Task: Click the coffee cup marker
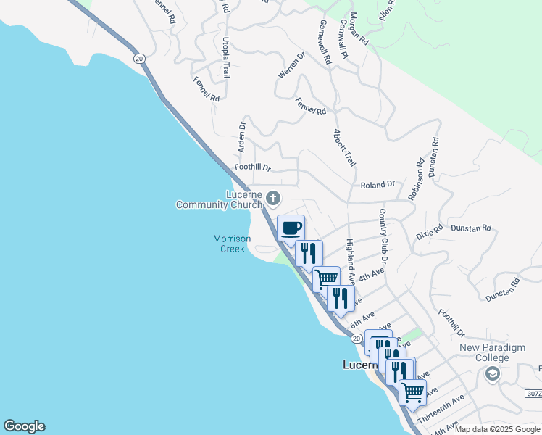(291, 228)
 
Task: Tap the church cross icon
(274, 197)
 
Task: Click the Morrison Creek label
(232, 244)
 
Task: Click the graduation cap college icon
(492, 373)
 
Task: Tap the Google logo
(24, 426)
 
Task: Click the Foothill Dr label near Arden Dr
(252, 167)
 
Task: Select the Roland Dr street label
(378, 185)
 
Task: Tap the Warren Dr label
(292, 65)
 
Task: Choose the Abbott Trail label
(344, 149)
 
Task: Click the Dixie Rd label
(429, 234)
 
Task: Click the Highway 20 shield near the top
(138, 57)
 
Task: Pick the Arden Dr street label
(243, 137)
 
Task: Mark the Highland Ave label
(350, 261)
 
